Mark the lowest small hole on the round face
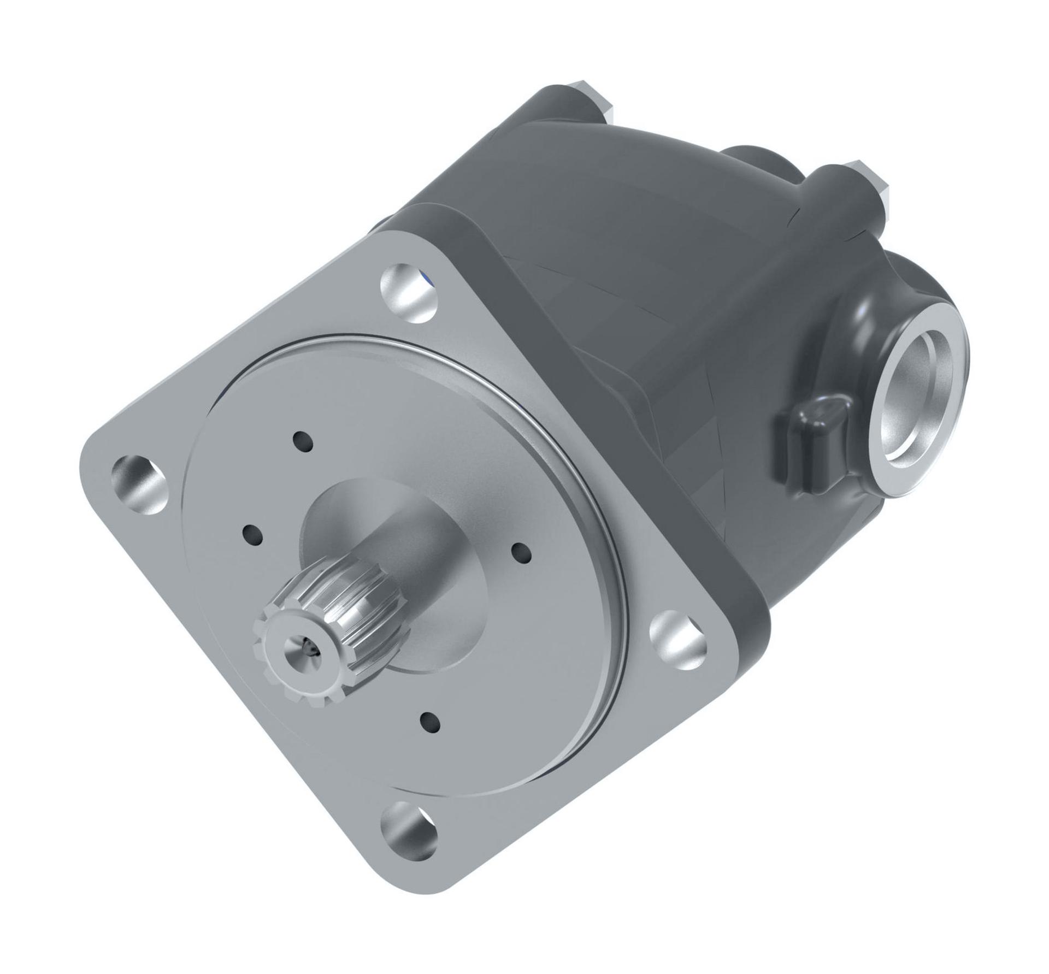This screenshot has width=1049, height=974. [431, 722]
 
